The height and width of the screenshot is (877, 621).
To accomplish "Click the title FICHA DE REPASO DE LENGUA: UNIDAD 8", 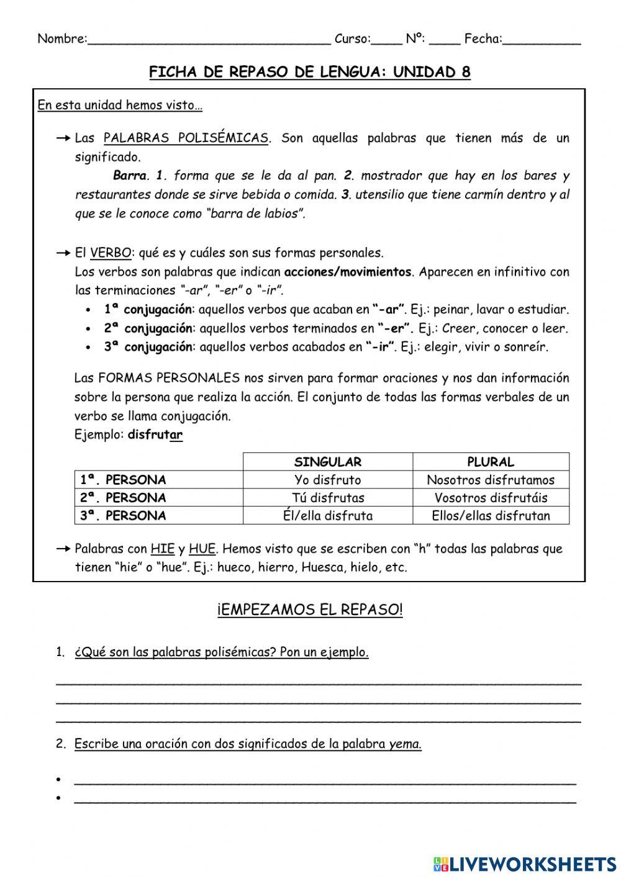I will (309, 72).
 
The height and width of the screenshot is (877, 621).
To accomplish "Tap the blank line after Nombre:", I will (209, 40).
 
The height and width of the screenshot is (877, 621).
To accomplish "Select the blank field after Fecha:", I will (542, 40).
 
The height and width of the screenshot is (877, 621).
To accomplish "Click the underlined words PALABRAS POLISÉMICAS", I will (186, 138).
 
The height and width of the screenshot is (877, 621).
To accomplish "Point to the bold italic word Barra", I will (129, 176).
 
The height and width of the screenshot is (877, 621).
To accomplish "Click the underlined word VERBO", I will (111, 253).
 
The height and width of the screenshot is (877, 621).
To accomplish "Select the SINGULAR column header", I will (327, 462).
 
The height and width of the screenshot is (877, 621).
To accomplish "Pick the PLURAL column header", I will (491, 462).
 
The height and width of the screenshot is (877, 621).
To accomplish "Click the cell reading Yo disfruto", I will (327, 480).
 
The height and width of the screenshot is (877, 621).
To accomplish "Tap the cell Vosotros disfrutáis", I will (491, 498).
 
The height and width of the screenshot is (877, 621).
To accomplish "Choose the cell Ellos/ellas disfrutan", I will (491, 516).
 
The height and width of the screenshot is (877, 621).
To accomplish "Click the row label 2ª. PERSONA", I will (123, 498).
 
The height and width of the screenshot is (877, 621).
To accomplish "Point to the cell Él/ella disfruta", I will (327, 516).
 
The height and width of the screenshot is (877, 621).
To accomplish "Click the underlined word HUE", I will (202, 549).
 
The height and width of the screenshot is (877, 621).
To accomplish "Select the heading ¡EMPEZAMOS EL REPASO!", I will (310, 609).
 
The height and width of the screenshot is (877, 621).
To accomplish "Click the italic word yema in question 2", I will (405, 744).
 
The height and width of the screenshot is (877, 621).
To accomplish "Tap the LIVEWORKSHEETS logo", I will (524, 863).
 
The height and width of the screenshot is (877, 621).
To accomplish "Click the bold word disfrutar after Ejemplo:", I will (155, 434).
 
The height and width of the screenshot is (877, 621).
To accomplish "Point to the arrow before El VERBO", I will (63, 253).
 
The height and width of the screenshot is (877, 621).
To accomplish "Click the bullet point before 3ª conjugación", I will (89, 348).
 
